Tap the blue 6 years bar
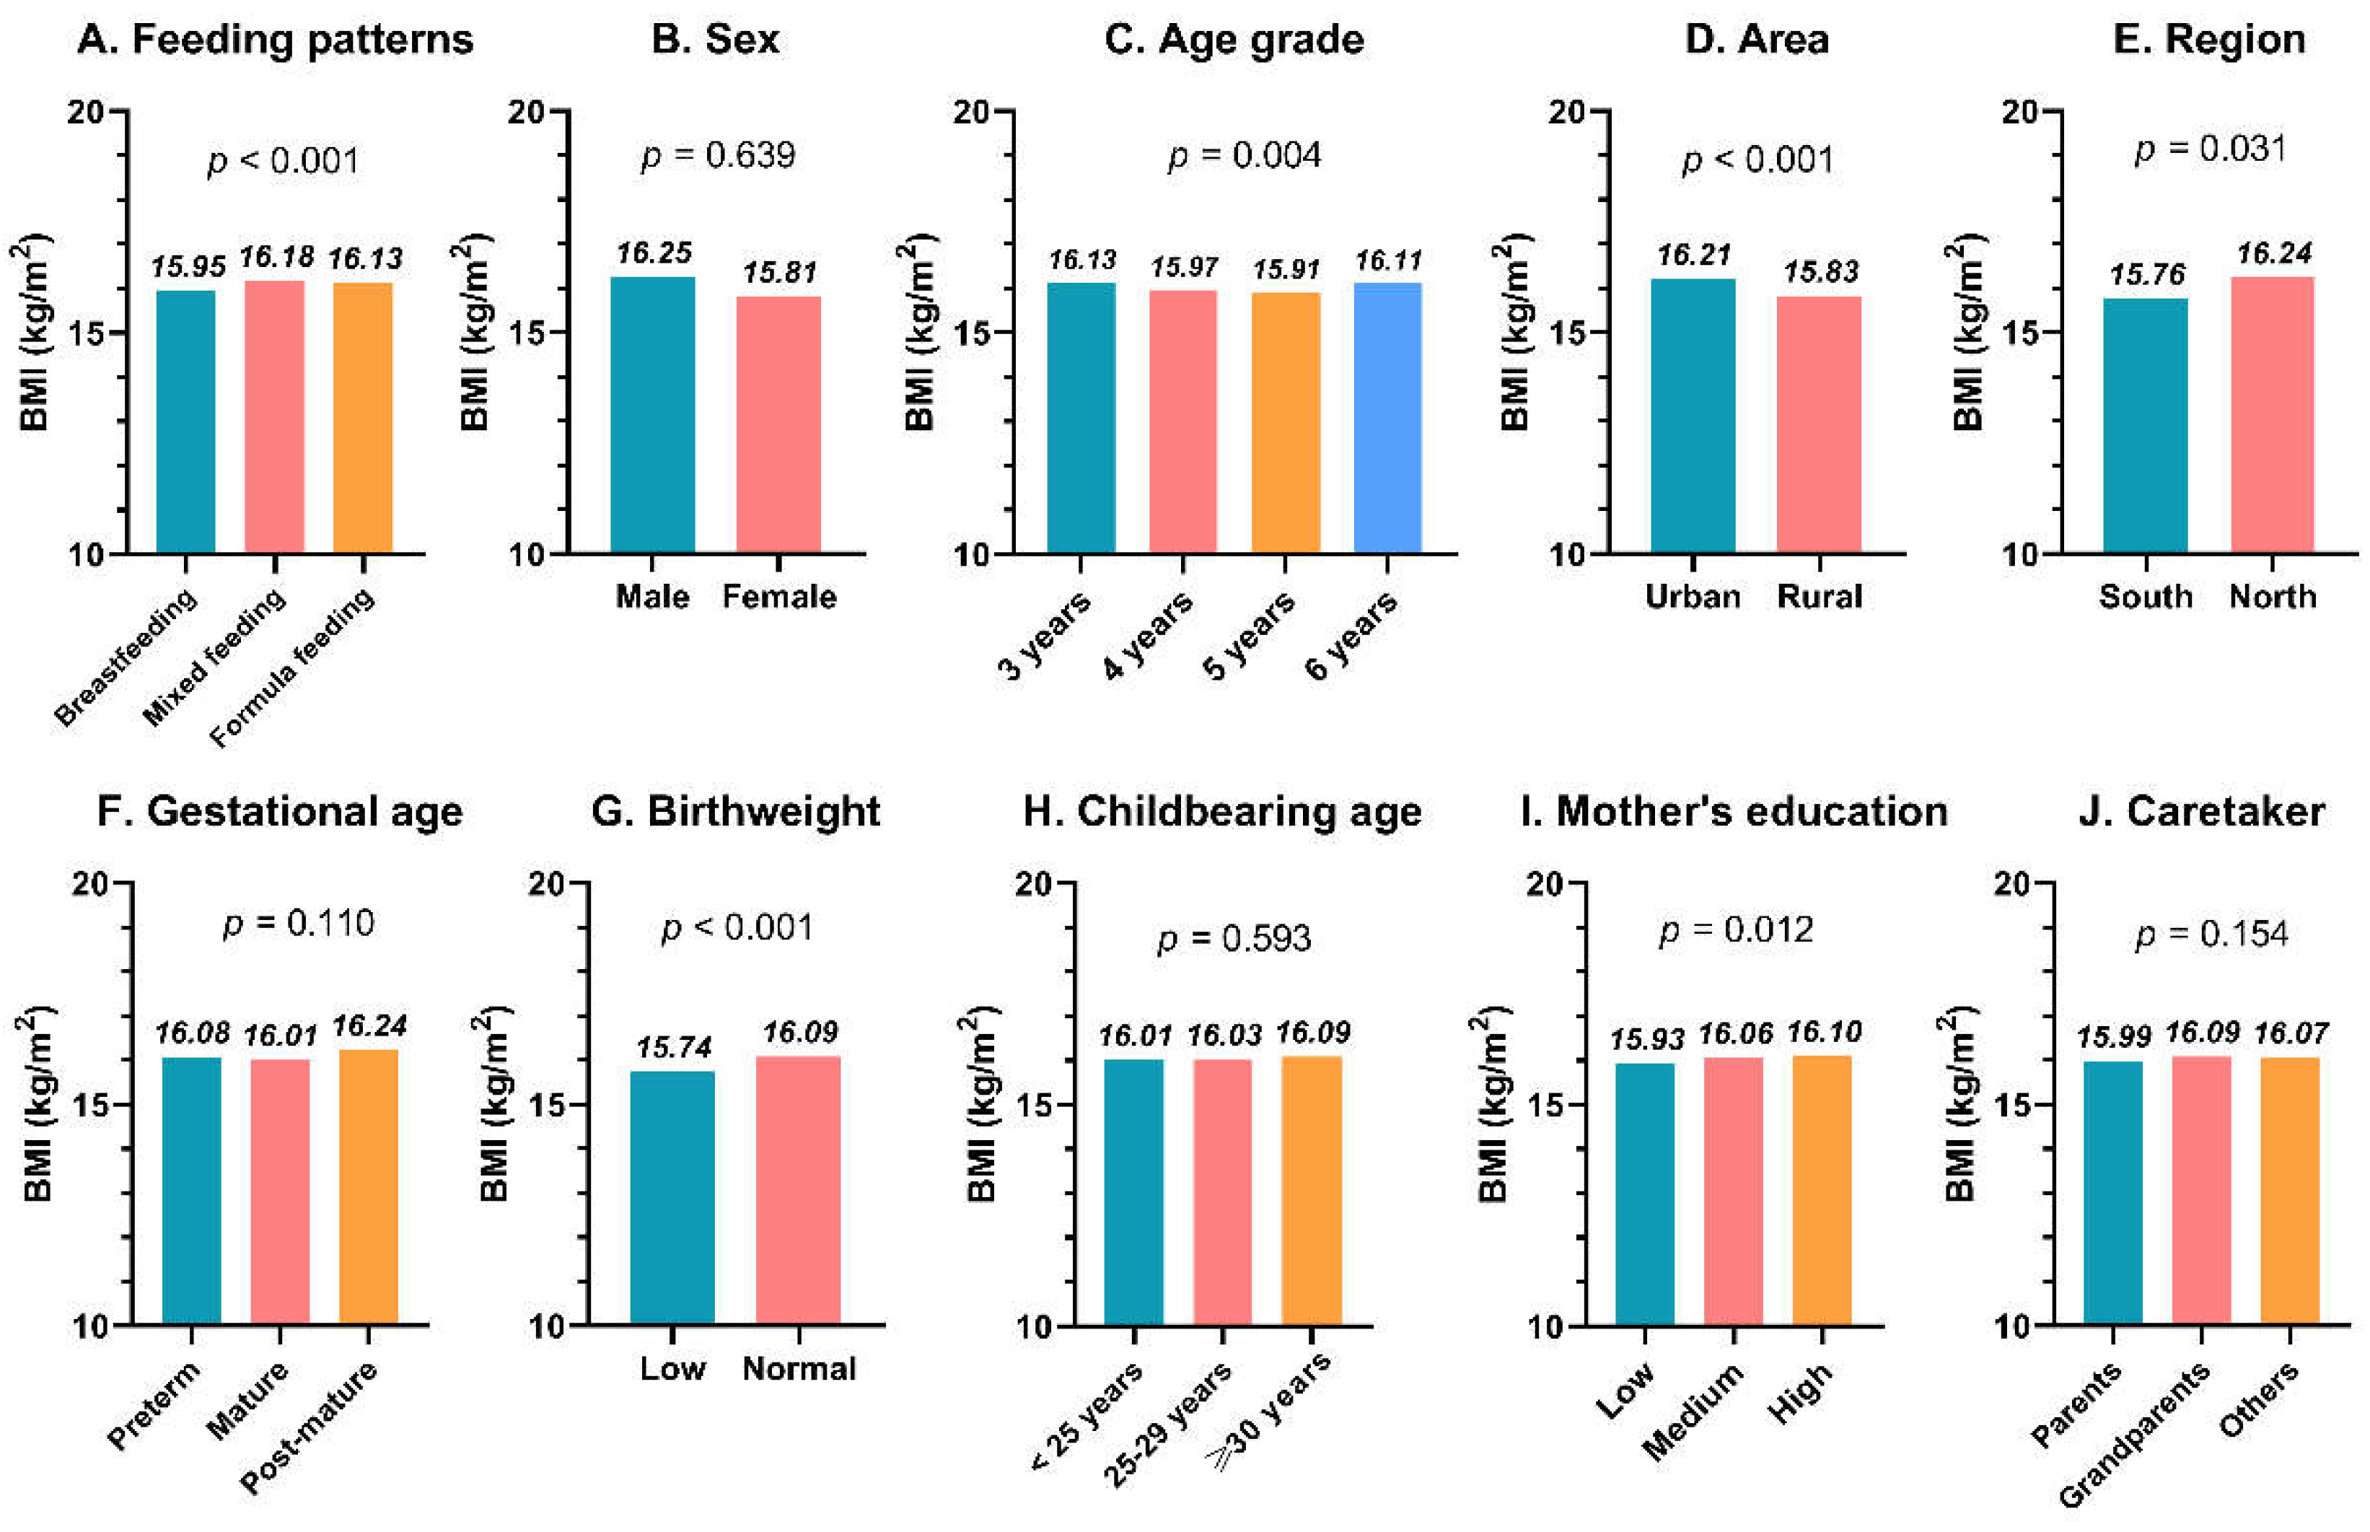coord(1387,418)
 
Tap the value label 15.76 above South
coord(2147,274)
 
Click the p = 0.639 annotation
coord(718,155)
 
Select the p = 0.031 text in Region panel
coord(2210,149)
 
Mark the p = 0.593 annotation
coord(1234,938)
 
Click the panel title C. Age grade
coord(1233,40)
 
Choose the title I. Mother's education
coord(1734,812)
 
